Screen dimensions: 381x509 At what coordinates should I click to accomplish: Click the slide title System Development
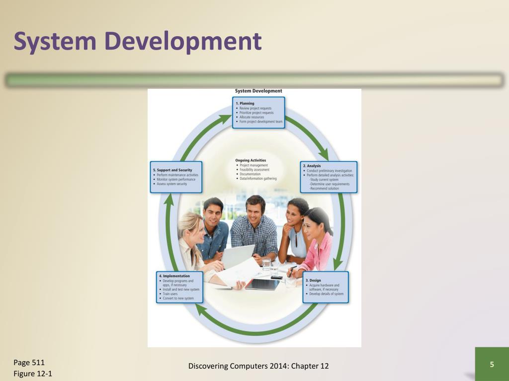point(137,41)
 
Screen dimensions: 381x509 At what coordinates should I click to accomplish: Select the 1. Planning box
point(259,113)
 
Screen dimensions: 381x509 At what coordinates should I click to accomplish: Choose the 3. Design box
point(326,287)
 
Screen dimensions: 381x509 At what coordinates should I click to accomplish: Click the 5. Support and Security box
point(176,177)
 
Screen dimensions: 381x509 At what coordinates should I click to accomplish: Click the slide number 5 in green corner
point(492,365)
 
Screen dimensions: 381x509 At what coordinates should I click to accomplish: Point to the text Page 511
point(29,363)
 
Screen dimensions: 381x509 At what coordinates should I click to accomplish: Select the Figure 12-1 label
point(33,374)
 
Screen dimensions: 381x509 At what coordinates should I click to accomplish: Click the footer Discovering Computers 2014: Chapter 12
point(258,366)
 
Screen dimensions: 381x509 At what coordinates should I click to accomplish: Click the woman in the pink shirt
point(318,243)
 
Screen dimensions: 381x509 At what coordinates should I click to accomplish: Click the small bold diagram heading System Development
point(258,91)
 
